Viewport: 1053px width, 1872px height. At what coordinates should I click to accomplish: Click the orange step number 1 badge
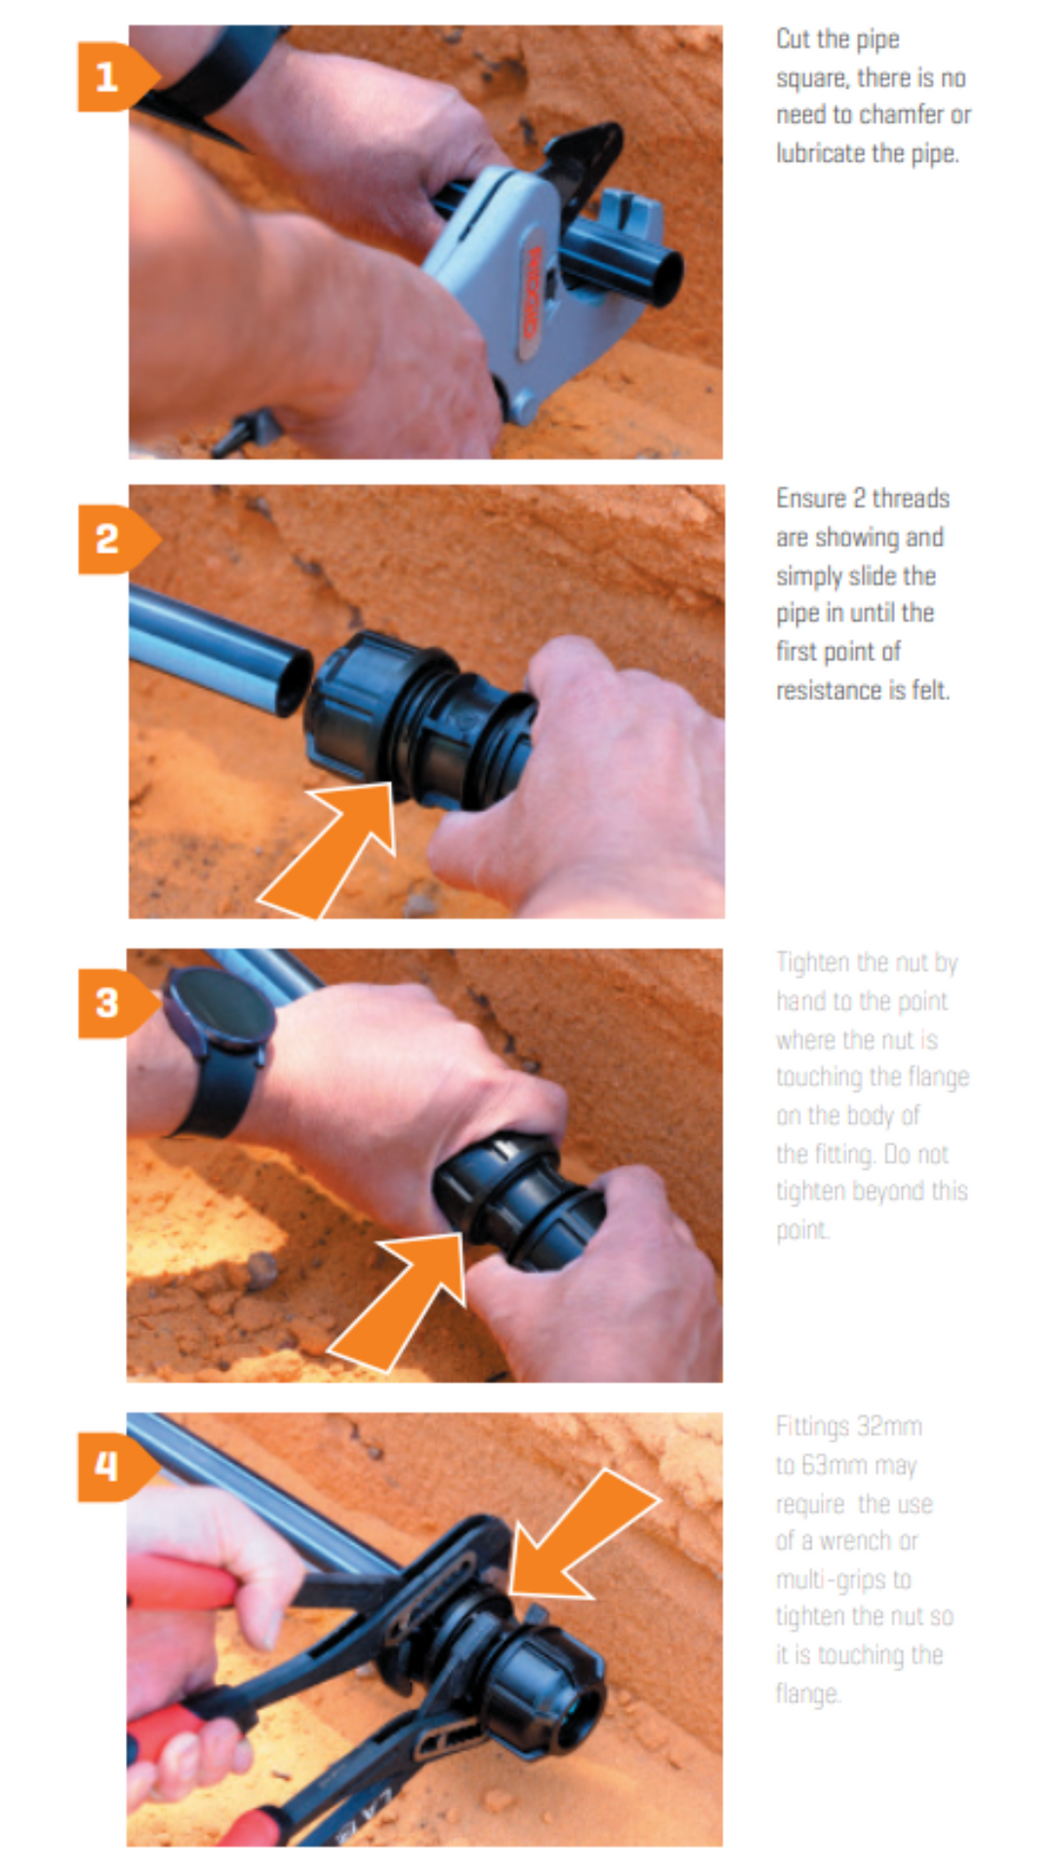[x=110, y=77]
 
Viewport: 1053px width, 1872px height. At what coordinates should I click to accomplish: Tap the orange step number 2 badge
[x=110, y=539]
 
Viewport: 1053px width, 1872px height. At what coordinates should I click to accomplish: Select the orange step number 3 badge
[x=110, y=1002]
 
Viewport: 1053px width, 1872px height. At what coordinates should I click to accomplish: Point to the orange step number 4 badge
[x=110, y=1466]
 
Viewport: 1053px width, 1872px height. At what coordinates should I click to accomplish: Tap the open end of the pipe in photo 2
[x=293, y=683]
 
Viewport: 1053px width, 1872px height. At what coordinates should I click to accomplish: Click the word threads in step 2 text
[x=911, y=499]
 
